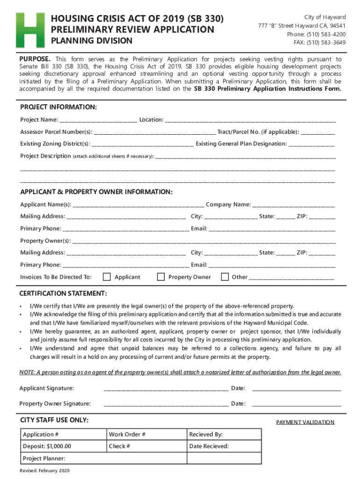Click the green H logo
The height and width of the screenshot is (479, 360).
coord(30,30)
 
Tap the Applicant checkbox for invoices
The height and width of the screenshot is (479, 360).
coord(107,277)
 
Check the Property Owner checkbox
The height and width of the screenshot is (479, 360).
coord(161,277)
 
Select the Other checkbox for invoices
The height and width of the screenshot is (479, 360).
coord(225,277)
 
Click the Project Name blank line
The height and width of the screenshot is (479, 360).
coord(98,121)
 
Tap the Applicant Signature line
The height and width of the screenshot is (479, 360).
coord(166,389)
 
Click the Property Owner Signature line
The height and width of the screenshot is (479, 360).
coord(166,404)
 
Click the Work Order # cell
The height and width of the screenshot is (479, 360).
coord(146,435)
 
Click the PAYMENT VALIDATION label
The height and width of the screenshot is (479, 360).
coord(305,422)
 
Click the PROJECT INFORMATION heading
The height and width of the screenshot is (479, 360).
coord(58,108)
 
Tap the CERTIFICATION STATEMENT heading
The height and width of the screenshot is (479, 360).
coord(63,294)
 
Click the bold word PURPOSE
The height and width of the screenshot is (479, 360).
coord(35,59)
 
